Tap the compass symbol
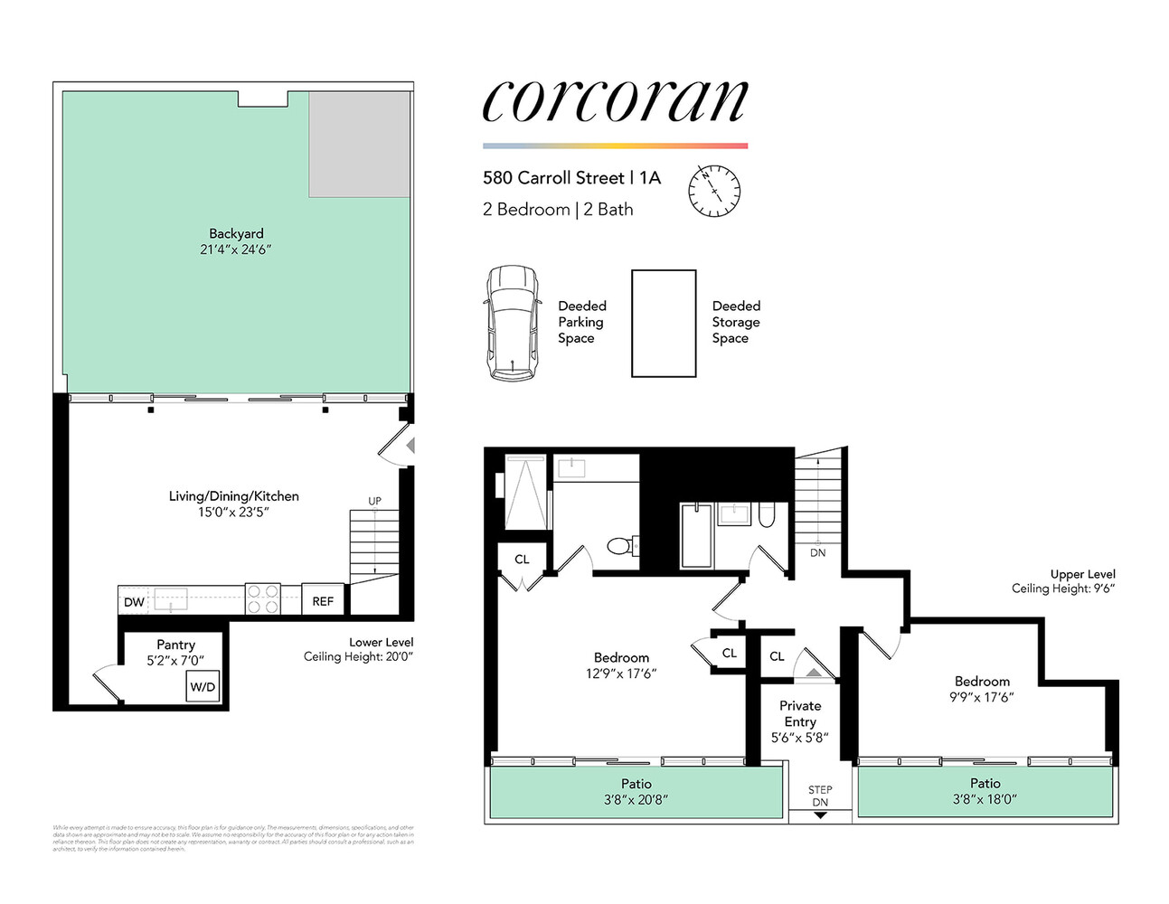pyautogui.click(x=713, y=191)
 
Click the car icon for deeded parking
pyautogui.click(x=513, y=323)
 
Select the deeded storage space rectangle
pyautogui.click(x=663, y=323)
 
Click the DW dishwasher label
pyautogui.click(x=134, y=602)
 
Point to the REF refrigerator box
pyautogui.click(x=323, y=601)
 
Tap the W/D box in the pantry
pyautogui.click(x=203, y=687)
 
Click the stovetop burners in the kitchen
pyautogui.click(x=263, y=600)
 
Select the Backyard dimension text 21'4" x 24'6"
pyautogui.click(x=236, y=250)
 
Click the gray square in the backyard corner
pyautogui.click(x=359, y=145)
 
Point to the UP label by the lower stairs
pyautogui.click(x=374, y=501)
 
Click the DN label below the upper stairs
pyautogui.click(x=817, y=552)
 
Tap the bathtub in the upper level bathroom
pyautogui.click(x=695, y=536)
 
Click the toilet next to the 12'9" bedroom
pyautogui.click(x=620, y=546)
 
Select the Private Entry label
pyautogui.click(x=800, y=713)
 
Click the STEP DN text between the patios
pyautogui.click(x=820, y=796)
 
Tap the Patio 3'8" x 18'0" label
pyautogui.click(x=985, y=791)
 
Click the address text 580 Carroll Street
pyautogui.click(x=553, y=178)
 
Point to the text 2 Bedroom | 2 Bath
pyautogui.click(x=558, y=210)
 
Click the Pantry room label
pyautogui.click(x=175, y=645)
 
